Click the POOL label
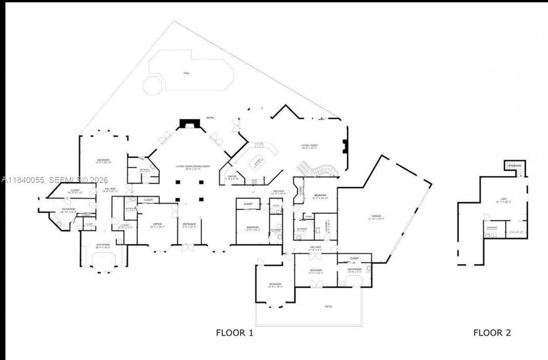(186, 73)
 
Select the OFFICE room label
(157, 224)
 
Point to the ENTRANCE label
(189, 224)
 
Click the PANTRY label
(232, 176)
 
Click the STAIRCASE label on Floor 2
(515, 166)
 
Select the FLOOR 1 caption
(234, 333)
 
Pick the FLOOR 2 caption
(492, 333)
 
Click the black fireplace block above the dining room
(189, 124)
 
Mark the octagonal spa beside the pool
(153, 85)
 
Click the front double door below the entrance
(187, 248)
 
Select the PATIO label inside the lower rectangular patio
(328, 306)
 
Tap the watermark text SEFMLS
(66, 180)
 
